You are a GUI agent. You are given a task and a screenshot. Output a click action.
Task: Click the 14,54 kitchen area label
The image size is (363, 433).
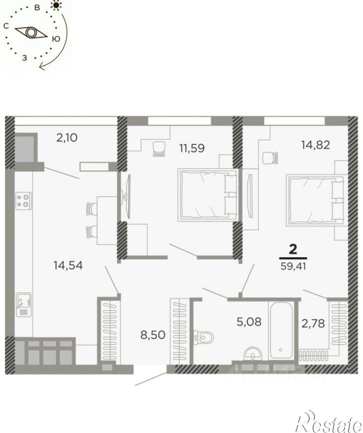click(x=68, y=265)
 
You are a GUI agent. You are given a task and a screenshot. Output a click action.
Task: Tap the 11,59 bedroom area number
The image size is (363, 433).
click(x=192, y=148)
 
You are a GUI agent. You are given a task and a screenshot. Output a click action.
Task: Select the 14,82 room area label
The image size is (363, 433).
click(x=315, y=145)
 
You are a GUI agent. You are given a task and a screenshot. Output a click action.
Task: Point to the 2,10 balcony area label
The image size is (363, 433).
click(x=67, y=137)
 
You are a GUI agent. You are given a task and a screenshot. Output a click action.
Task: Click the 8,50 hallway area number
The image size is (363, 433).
click(x=153, y=335)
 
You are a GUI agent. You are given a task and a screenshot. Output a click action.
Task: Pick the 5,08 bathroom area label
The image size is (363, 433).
click(x=249, y=321)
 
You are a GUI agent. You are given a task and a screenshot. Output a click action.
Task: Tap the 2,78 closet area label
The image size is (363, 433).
click(x=313, y=323)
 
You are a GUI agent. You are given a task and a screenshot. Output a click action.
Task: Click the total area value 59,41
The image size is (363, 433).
click(x=293, y=266)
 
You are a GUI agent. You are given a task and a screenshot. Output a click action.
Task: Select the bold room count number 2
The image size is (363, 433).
click(x=293, y=249)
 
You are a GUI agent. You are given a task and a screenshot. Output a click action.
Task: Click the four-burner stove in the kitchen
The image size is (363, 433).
click(x=23, y=201)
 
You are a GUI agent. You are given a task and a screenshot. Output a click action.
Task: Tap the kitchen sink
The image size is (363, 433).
click(x=24, y=304)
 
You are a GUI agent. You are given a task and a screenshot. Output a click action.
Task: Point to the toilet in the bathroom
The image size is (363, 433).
click(x=204, y=337)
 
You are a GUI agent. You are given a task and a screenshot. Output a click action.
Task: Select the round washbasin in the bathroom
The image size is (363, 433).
click(x=253, y=353)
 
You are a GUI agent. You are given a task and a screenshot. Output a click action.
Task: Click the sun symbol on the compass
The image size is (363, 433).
click(x=57, y=5)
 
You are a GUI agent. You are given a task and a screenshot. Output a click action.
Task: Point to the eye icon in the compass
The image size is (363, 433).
click(x=31, y=32)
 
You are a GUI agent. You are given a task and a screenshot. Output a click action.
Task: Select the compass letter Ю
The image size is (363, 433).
click(x=56, y=39)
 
